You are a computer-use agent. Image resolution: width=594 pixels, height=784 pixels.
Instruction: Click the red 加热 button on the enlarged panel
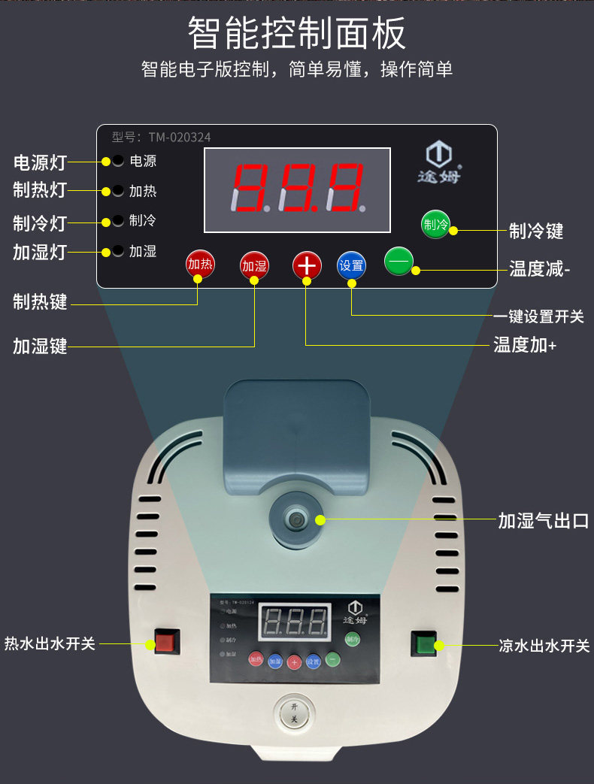200,264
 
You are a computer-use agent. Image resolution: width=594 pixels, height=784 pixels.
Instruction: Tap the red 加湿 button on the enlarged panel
254,265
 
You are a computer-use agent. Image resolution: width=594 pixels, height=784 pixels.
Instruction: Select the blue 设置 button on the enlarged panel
351,265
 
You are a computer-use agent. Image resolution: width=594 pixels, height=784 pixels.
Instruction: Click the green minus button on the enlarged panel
399,261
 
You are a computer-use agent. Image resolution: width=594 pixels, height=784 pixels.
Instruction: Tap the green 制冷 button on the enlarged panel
435,225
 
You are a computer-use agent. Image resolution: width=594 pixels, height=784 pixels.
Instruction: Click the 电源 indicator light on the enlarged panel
118,161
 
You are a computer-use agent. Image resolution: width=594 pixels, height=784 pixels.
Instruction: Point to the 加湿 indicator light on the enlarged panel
118,251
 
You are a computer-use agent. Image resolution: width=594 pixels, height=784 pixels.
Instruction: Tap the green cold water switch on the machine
424,644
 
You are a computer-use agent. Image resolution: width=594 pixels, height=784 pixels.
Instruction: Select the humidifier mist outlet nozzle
295,520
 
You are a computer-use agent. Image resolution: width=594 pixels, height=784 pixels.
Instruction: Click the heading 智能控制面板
296,34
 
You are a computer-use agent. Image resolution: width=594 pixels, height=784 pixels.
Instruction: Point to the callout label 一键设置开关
538,316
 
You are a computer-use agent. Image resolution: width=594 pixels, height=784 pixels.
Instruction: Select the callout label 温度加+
525,345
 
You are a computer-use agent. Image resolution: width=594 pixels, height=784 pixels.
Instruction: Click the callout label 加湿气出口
543,520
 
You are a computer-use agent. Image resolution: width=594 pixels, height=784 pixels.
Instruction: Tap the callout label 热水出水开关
50,644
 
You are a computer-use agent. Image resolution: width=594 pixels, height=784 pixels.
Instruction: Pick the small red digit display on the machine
295,622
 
